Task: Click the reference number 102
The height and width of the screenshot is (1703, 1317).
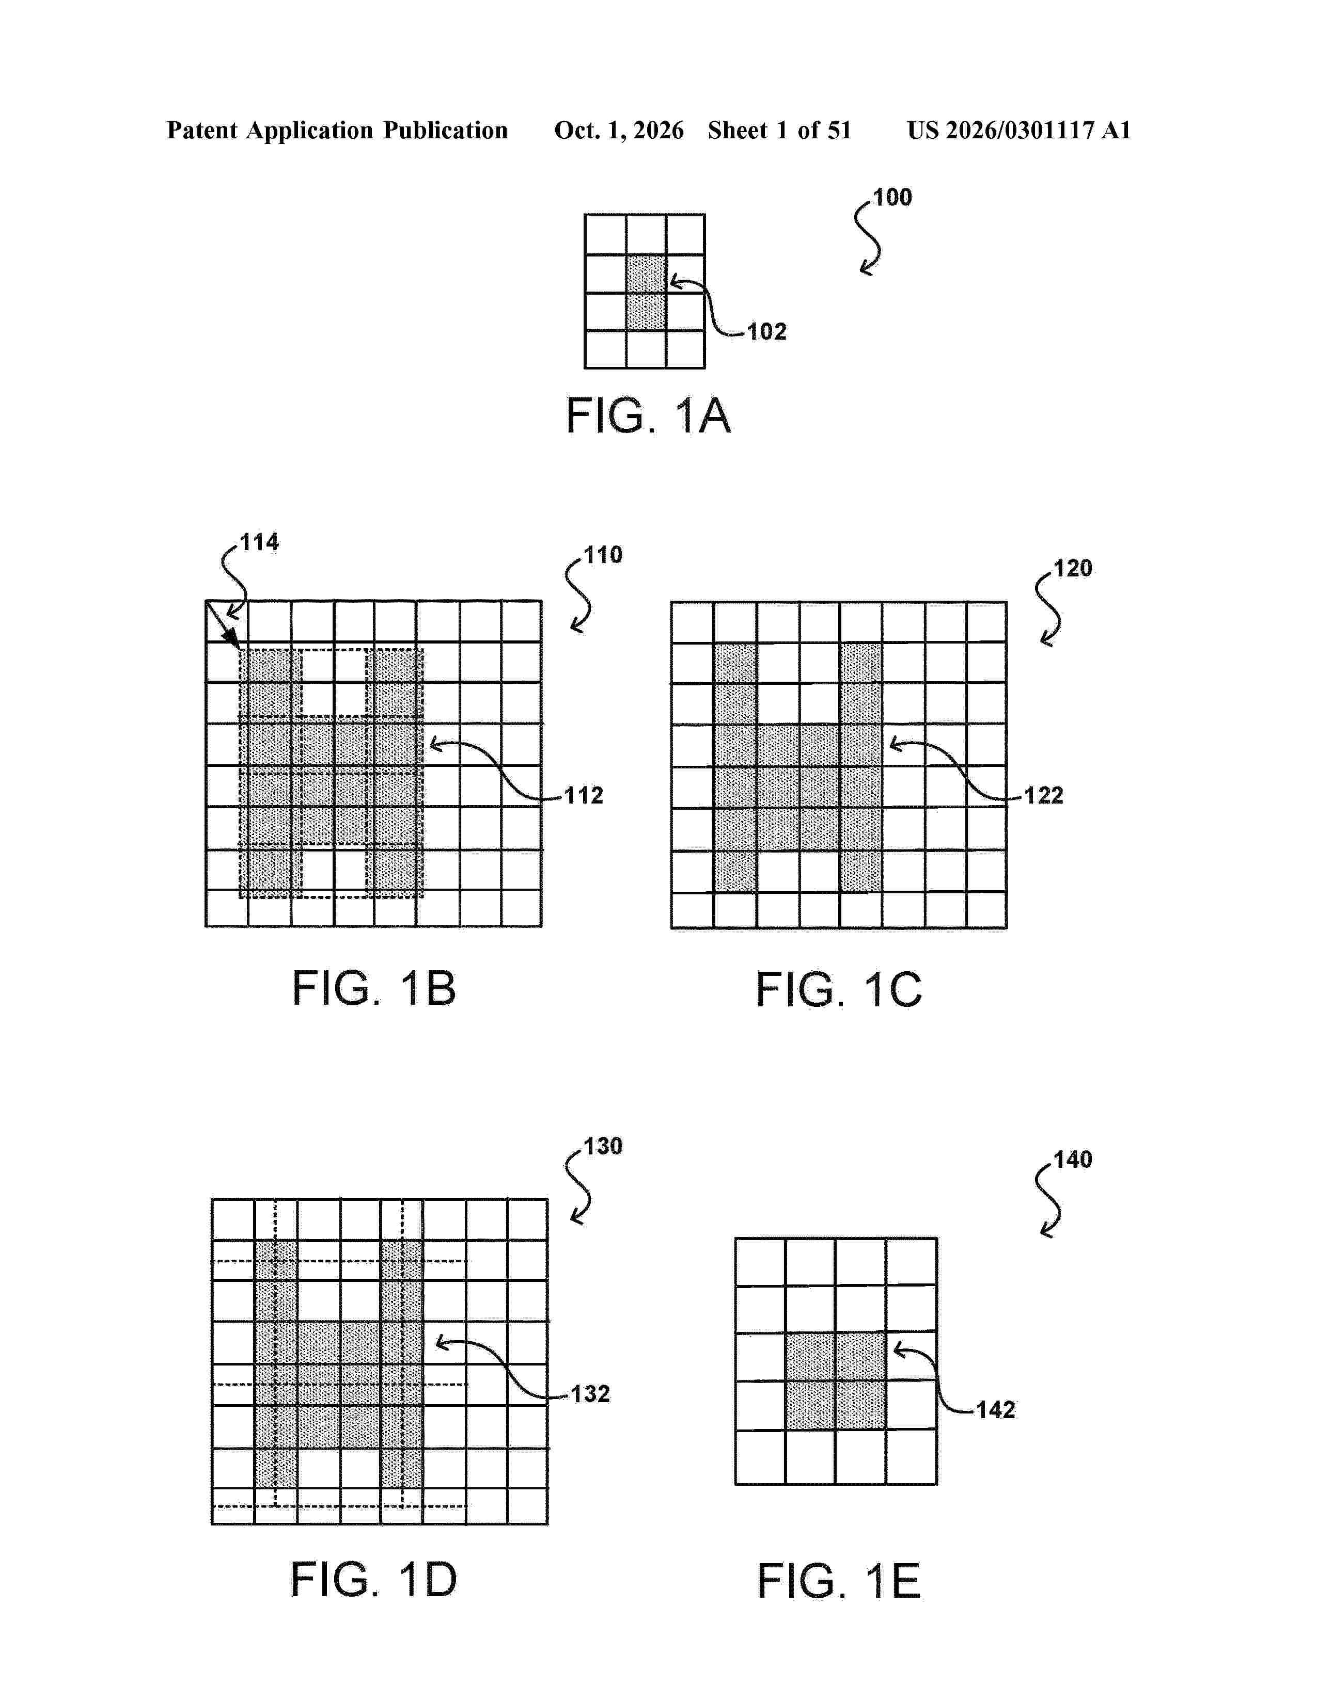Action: coord(767,332)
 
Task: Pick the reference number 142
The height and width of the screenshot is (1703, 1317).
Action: coord(996,1410)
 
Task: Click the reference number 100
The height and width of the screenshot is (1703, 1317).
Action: coord(892,197)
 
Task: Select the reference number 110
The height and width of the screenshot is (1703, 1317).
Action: coord(604,555)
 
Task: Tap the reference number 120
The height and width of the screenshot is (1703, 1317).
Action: coord(1073,569)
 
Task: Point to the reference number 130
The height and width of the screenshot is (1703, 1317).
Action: coord(604,1146)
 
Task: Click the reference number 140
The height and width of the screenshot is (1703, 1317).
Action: coord(1073,1160)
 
